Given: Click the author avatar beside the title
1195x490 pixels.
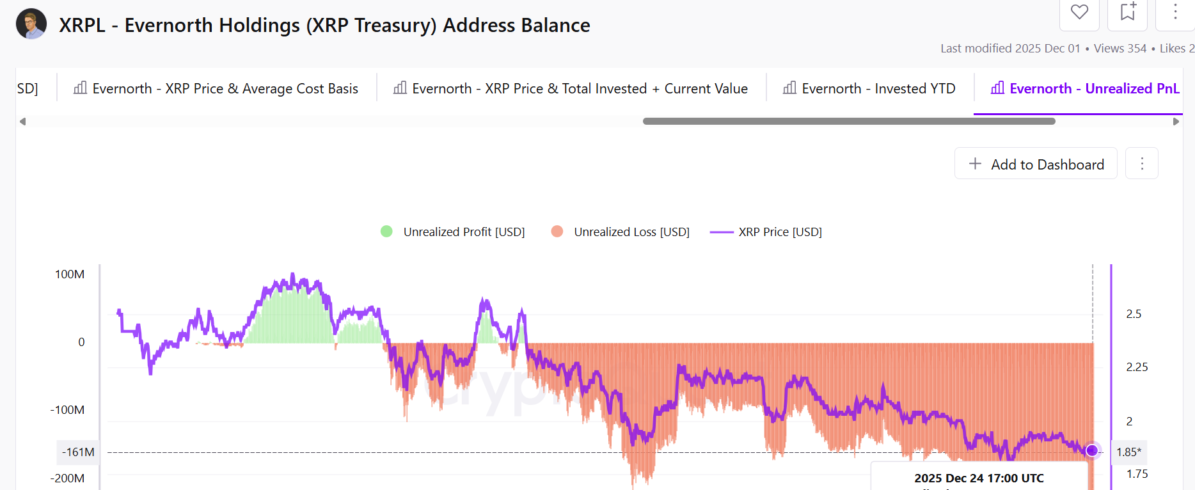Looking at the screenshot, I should tap(31, 24).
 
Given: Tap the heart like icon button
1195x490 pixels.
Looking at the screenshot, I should tap(1080, 12).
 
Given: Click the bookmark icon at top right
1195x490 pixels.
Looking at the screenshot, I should tap(1128, 12).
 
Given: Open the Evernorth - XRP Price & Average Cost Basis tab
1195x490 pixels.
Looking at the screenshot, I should tap(216, 88).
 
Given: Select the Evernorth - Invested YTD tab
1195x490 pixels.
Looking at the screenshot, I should tap(869, 88).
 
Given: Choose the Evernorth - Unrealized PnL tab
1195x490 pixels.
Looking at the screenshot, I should tap(1085, 88).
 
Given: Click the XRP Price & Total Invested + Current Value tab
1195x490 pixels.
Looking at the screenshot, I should tap(571, 88).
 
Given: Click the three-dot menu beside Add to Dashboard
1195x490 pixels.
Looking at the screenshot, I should tap(1142, 164).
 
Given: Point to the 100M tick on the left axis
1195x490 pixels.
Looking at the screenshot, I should tap(70, 274).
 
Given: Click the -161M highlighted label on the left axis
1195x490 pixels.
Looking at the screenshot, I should tap(78, 452).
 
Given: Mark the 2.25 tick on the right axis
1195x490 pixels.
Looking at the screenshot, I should tap(1137, 367).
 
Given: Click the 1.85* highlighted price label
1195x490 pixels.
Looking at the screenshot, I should tap(1129, 452).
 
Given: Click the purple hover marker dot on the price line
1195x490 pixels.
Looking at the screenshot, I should tap(1092, 451).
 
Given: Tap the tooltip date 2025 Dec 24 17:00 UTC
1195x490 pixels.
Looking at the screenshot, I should tap(979, 478).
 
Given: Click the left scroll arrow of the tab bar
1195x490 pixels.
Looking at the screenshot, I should tap(23, 122).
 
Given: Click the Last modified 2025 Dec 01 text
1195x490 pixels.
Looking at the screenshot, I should tap(1010, 49).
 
